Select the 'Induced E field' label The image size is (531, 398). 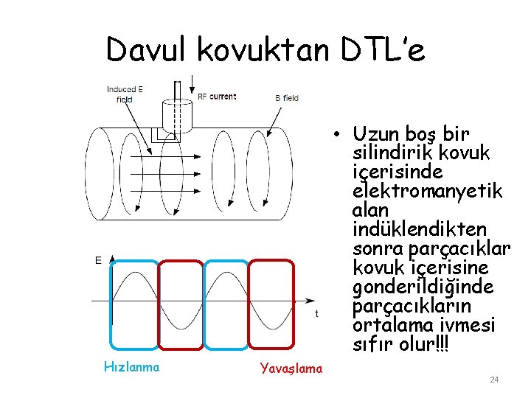(125, 94)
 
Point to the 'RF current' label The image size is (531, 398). (217, 97)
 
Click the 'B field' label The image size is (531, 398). (286, 97)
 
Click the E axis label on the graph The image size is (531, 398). (98, 260)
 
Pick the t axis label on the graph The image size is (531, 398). (317, 313)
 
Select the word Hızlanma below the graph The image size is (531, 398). (132, 366)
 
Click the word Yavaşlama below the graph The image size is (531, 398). (291, 369)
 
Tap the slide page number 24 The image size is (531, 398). (495, 380)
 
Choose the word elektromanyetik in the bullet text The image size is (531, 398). (428, 192)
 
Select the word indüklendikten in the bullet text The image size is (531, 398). (420, 230)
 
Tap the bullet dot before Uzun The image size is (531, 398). (335, 135)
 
